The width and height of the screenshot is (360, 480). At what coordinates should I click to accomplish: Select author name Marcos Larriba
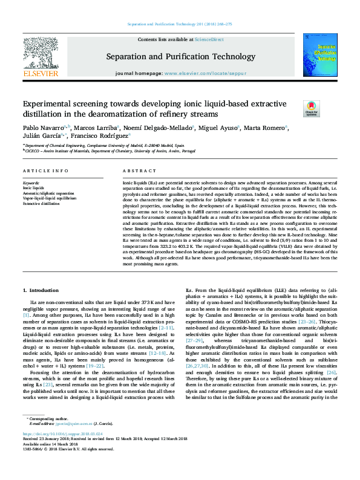[96, 128]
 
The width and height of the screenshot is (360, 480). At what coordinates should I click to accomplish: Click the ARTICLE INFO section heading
[45, 171]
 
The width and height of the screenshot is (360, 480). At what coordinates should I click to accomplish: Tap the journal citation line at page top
[180, 24]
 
